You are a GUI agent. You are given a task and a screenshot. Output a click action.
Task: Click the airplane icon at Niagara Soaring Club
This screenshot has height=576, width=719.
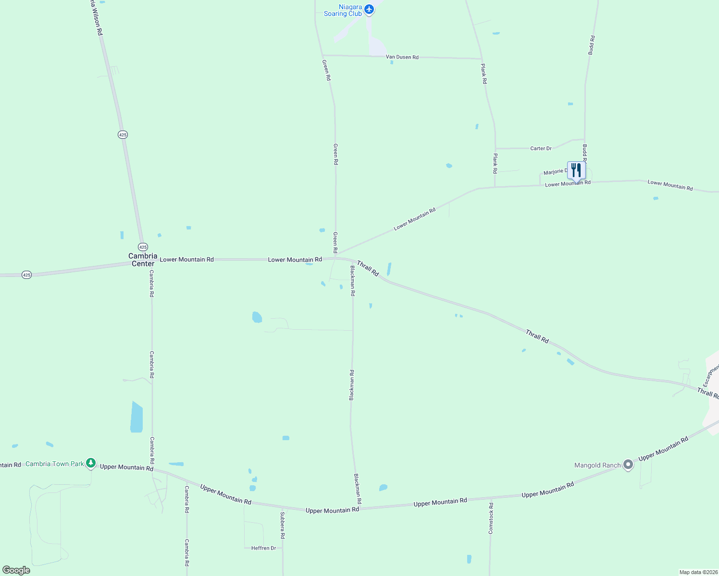click(x=369, y=9)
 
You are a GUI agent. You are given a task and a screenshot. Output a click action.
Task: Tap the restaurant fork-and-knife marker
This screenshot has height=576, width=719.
click(x=576, y=170)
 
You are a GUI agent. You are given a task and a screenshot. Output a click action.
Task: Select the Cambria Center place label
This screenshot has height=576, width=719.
click(x=143, y=260)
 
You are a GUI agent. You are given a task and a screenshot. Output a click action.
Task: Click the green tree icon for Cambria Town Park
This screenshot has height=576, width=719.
click(x=91, y=463)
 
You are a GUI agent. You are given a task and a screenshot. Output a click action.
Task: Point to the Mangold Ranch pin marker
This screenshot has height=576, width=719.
click(x=628, y=465)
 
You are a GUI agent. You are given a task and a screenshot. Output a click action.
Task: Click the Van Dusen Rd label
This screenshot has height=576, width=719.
click(x=402, y=57)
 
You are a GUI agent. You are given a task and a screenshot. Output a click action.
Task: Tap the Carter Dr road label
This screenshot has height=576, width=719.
click(x=541, y=148)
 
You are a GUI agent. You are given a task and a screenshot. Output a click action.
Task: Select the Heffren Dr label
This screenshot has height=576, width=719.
click(x=263, y=548)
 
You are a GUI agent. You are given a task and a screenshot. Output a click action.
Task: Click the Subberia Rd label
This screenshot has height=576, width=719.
click(x=283, y=525)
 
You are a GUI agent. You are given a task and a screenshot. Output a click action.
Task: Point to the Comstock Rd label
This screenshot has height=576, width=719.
click(x=491, y=518)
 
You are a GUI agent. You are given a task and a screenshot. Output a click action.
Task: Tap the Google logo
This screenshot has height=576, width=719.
click(x=16, y=570)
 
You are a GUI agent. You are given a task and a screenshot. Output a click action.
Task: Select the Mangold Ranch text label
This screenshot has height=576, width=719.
click(x=597, y=465)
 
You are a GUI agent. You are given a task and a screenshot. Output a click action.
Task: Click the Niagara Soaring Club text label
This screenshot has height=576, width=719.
click(x=343, y=10)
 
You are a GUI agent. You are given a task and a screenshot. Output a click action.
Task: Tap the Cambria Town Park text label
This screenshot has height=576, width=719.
click(x=54, y=464)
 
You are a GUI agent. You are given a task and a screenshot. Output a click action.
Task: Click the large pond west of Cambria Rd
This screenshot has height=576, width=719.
click(x=136, y=417)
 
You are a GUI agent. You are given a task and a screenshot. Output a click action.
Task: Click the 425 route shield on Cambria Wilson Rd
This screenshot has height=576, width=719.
click(x=123, y=135)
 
